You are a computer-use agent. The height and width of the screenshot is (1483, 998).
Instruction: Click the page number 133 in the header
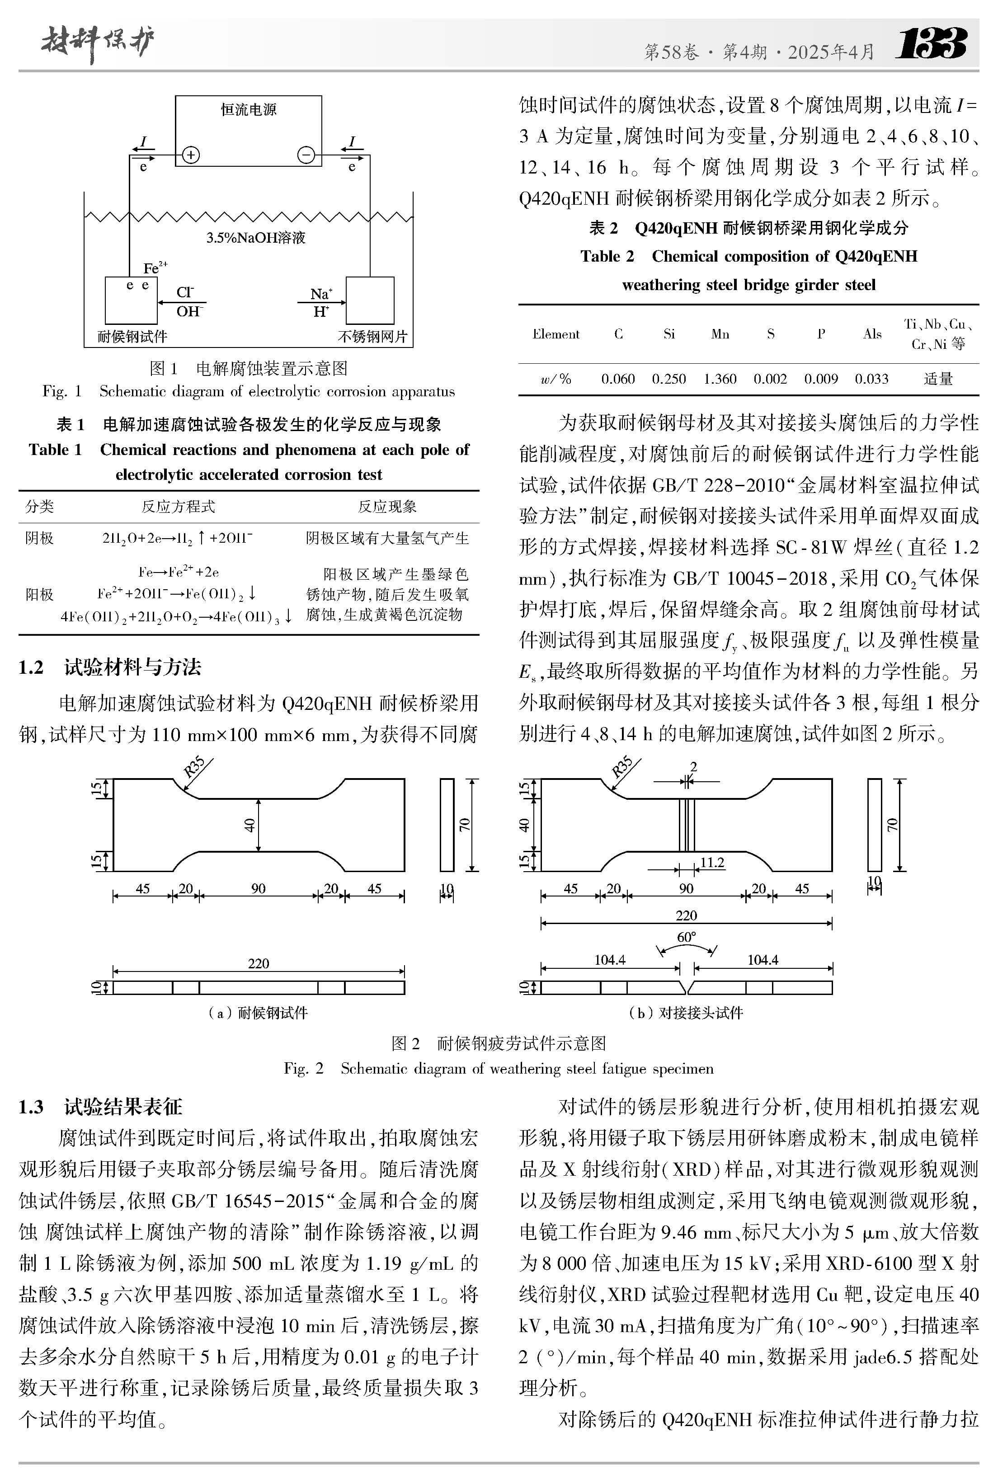click(931, 45)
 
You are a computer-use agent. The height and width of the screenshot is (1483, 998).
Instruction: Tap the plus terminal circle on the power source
click(191, 155)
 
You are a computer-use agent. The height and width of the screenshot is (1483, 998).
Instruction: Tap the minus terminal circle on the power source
click(306, 155)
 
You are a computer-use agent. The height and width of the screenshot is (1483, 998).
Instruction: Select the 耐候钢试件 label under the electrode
click(132, 336)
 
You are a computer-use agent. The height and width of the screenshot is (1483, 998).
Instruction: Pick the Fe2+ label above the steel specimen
click(155, 267)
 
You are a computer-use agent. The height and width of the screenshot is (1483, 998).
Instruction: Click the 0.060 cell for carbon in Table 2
click(618, 379)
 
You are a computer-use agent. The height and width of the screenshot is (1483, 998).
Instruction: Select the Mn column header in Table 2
click(720, 334)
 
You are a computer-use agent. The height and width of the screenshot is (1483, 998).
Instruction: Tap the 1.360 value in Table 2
click(720, 379)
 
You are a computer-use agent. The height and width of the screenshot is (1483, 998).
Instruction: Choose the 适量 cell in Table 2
click(937, 379)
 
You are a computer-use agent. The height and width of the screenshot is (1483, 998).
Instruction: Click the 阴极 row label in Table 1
click(39, 538)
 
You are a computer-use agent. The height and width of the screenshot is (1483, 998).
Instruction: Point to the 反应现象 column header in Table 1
click(387, 507)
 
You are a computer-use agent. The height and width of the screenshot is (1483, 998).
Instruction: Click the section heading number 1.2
click(31, 667)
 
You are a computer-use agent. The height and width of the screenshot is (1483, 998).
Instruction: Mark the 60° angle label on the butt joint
click(686, 937)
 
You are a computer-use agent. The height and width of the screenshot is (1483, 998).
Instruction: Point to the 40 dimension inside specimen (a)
click(249, 825)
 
